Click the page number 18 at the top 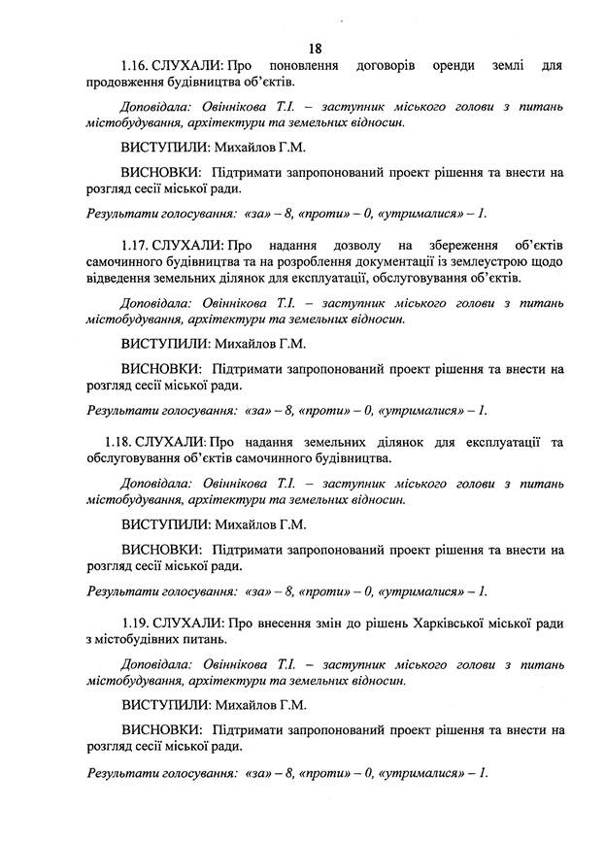click(x=315, y=48)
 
